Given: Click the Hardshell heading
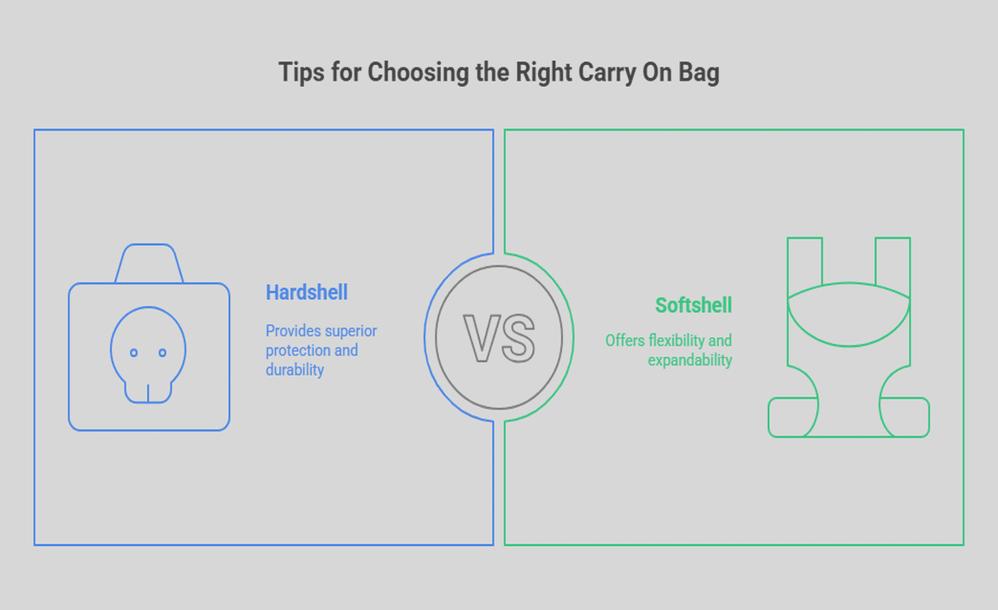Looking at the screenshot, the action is coord(307,292).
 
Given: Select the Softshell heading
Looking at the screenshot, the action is coord(694,305).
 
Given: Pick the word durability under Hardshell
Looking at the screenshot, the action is coord(295,370).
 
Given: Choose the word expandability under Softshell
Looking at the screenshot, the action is coord(690,360).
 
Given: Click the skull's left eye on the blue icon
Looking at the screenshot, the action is coord(133,353).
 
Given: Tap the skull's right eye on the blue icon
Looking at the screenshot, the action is coord(162,353).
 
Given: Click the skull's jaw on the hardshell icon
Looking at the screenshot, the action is coord(148,393).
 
